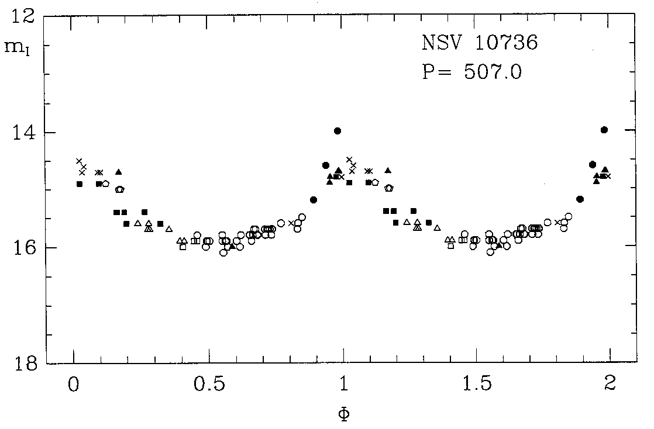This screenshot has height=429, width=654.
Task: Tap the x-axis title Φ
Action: point(344,414)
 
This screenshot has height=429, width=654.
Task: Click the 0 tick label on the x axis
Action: point(74,385)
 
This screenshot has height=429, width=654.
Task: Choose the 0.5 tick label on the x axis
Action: point(209,385)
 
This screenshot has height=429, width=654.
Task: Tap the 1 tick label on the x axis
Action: point(343,385)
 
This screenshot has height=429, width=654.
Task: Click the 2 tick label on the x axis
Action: point(611,385)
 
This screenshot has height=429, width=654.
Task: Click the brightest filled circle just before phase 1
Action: point(337,130)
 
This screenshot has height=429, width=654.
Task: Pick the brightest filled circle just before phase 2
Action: point(604,130)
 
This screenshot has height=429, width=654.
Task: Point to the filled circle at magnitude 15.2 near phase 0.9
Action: point(314,200)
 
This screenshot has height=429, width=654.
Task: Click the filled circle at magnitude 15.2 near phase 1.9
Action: point(580,199)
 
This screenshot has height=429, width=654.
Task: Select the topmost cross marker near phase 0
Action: point(79,161)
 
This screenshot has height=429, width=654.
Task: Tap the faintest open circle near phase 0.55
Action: point(223,252)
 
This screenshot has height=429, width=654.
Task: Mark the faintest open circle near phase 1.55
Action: point(490,252)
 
